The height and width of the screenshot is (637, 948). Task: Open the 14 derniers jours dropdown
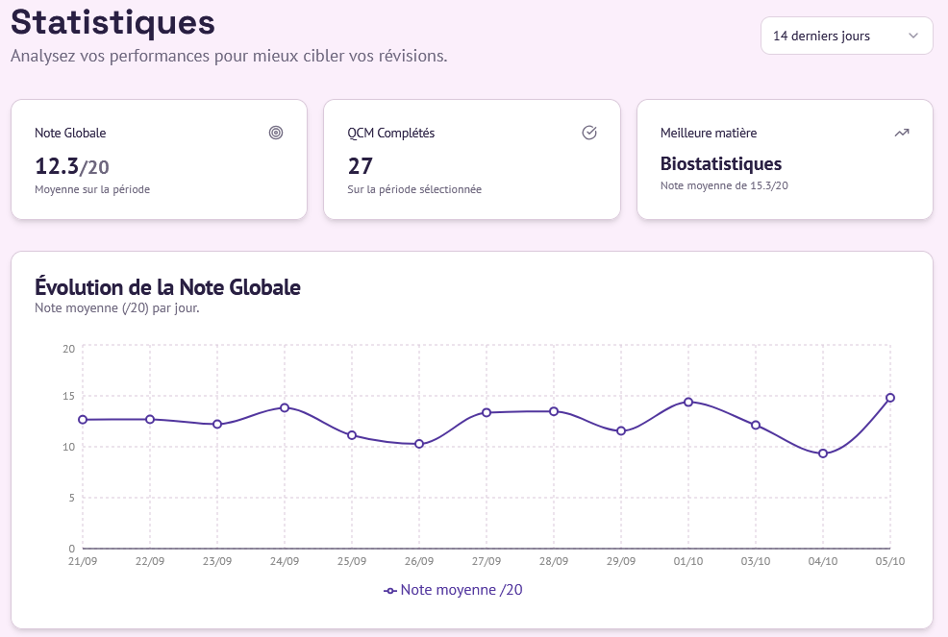[846, 36]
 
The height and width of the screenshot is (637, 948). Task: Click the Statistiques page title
[112, 21]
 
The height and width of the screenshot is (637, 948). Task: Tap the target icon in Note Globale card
[276, 133]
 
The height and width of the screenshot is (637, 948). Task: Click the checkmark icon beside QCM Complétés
[589, 133]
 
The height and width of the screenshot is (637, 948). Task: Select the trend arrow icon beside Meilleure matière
[902, 133]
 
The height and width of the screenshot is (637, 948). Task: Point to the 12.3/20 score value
[72, 166]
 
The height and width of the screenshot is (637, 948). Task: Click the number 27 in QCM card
[360, 166]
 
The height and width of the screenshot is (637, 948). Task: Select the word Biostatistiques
[721, 164]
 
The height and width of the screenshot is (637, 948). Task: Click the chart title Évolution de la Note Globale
[167, 286]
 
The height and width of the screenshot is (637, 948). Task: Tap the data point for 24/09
[285, 407]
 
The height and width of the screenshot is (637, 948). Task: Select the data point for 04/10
[823, 453]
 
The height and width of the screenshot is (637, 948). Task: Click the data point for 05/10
[890, 398]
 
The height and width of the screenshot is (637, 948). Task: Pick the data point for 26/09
[419, 444]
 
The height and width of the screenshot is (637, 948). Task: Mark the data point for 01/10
[688, 402]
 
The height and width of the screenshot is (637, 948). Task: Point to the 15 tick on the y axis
[68, 396]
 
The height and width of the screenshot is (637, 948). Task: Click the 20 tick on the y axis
[68, 348]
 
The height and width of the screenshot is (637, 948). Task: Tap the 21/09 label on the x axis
[83, 561]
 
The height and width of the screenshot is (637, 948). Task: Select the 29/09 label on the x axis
[621, 561]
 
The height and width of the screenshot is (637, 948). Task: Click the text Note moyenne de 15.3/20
[724, 185]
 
